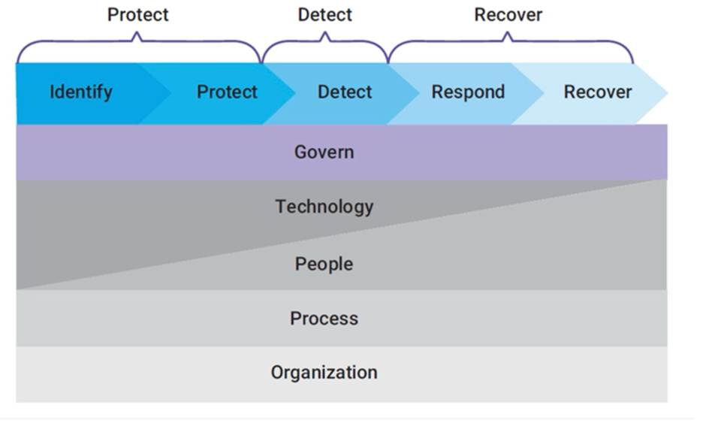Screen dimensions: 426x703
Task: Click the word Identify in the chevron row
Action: pos(80,92)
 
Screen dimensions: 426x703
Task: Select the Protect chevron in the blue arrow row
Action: pos(227,92)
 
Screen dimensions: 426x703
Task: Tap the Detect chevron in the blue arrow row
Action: pos(345,92)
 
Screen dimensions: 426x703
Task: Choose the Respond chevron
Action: pos(468,92)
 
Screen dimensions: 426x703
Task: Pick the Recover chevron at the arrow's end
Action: pos(598,92)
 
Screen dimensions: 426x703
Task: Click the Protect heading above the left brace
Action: pos(138,15)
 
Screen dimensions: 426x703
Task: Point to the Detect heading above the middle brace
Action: pos(324,15)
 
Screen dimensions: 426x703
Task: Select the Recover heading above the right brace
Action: pos(508,15)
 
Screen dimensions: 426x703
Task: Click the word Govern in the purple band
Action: pos(324,152)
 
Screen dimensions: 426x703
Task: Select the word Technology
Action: pos(324,206)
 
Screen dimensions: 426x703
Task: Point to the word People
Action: pos(324,264)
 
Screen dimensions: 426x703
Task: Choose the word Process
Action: pos(324,318)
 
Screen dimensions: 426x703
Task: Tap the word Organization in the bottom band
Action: pos(324,372)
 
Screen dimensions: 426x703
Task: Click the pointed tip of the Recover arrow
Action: pos(665,93)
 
